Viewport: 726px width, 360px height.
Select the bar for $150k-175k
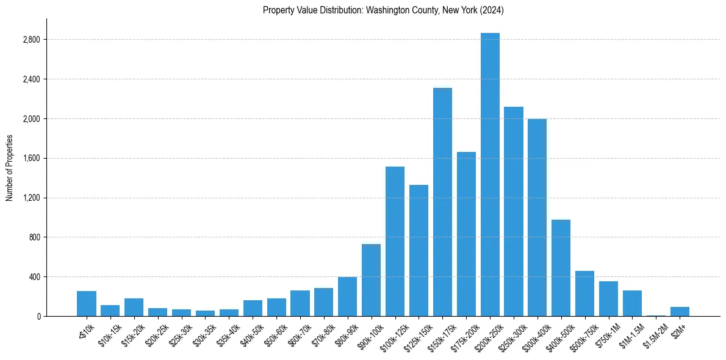(442, 202)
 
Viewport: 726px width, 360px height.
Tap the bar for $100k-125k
(395, 241)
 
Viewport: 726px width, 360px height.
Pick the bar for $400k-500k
(561, 268)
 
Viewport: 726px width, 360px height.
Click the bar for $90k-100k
(371, 280)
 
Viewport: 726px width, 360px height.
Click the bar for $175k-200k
(466, 235)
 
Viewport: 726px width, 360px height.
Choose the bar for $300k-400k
(537, 217)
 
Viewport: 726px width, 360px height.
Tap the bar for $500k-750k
(584, 293)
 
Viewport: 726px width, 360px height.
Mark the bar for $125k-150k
(419, 250)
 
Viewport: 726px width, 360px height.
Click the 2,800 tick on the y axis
(31, 40)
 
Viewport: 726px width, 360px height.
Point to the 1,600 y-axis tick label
(31, 158)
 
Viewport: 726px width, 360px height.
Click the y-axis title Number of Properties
(9, 168)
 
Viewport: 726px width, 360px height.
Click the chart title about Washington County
(383, 10)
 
